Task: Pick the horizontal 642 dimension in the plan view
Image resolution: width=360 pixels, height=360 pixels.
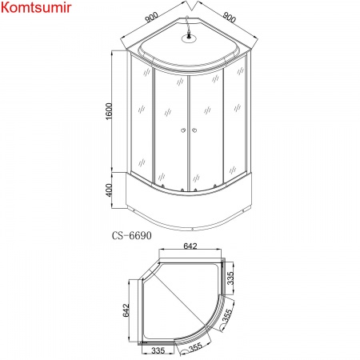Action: coord(189,247)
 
